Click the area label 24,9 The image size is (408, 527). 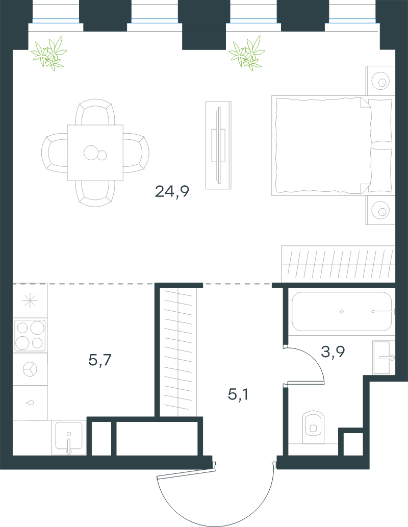coord(172,192)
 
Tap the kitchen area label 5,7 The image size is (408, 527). coord(100,360)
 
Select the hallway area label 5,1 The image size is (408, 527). coord(238,394)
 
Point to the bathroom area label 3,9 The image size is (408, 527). coord(333,352)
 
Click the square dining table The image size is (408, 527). coord(95,153)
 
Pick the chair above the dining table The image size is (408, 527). coord(95,112)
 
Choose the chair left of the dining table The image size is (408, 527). coord(55,153)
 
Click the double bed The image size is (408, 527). coord(333,145)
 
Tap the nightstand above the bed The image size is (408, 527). coord(380,81)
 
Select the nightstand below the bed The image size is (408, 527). coord(380,210)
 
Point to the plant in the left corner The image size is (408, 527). coord(49,53)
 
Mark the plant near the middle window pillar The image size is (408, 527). coord(247,53)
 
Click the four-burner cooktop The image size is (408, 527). coord(30,335)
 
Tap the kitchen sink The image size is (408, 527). coord(69,437)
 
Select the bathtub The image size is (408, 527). coord(342,312)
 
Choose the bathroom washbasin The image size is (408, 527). coord(384,357)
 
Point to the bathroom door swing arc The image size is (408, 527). coord(313,359)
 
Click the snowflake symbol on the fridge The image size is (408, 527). coord(30,300)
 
